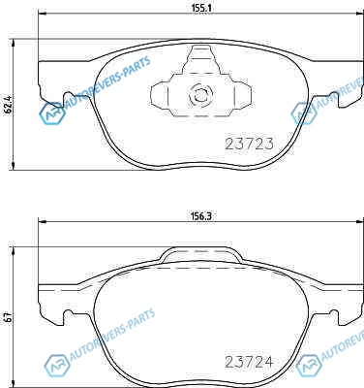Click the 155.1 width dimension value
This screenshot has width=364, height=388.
point(201,10)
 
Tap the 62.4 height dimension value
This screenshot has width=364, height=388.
point(9,104)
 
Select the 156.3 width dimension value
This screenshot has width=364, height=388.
point(201,216)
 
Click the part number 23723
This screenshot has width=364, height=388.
point(249,144)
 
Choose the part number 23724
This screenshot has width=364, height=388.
point(249,362)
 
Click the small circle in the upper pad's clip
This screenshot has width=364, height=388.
point(200,95)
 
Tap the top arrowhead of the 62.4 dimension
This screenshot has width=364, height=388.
point(14,44)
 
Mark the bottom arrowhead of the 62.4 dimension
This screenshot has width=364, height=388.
point(14,166)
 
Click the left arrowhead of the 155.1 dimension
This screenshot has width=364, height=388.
point(43,14)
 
